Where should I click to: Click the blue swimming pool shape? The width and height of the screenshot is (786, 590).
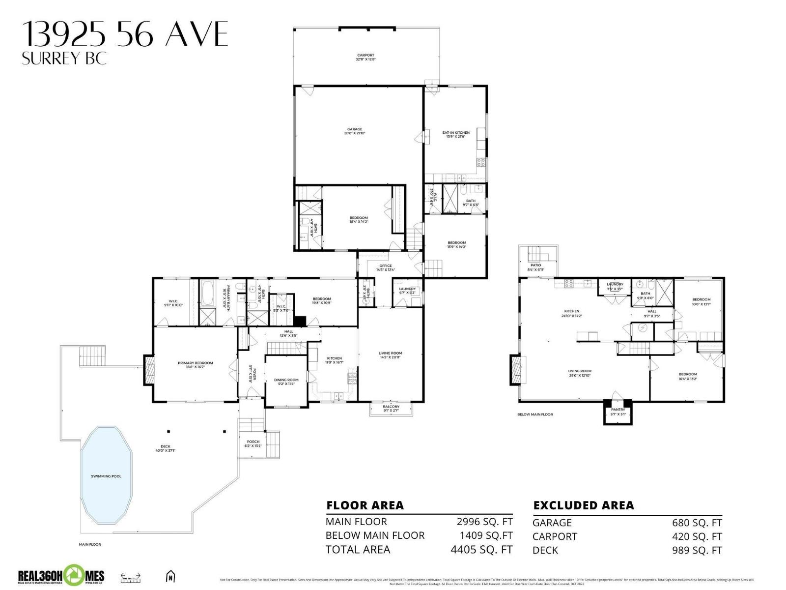[x=106, y=476]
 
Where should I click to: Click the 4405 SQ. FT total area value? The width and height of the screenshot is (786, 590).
[x=481, y=549]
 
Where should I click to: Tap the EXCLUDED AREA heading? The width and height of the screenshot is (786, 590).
[x=583, y=505]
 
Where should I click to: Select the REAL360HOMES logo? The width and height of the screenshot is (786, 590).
[x=61, y=576]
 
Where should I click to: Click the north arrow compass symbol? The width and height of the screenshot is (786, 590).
[x=170, y=576]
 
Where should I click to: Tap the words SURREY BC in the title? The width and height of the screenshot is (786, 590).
[x=64, y=59]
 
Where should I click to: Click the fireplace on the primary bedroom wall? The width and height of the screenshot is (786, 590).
[x=149, y=370]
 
